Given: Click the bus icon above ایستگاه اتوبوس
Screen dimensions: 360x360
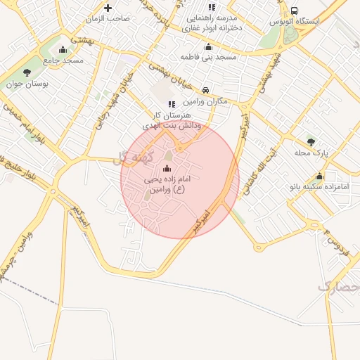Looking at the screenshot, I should [293, 11].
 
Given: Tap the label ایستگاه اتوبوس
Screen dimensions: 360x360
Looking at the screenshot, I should [295, 22].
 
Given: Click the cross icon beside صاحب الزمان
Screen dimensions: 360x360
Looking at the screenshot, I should [108, 8].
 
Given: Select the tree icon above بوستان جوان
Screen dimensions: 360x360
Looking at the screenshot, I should [27, 72].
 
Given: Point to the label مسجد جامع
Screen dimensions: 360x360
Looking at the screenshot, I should [63, 61].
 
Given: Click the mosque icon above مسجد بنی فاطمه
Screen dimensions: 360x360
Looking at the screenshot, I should [207, 47].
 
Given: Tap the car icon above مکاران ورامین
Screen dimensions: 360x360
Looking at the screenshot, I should [205, 90].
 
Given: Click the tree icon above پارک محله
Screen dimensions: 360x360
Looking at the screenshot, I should [311, 142].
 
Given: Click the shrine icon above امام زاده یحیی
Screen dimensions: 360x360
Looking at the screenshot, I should [167, 169].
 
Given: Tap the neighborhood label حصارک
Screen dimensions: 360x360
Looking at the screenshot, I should [337, 285].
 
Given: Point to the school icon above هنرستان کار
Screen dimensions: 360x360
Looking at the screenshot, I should [172, 104].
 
